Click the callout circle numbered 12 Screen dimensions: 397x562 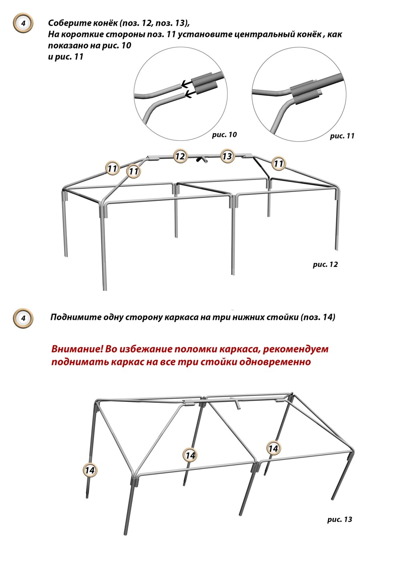(x=180, y=156)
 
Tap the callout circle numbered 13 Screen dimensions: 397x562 (x=227, y=156)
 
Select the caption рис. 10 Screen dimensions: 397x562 (x=224, y=135)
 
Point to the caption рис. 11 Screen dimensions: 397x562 (x=342, y=136)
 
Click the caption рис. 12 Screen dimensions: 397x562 (x=325, y=265)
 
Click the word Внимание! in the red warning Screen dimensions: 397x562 (x=77, y=349)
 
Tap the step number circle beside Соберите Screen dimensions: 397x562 (x=23, y=23)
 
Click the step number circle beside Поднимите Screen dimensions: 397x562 (x=23, y=318)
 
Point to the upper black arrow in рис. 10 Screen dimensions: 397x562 (x=186, y=83)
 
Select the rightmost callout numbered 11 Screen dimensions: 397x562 (x=278, y=164)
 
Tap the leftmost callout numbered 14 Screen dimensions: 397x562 (x=90, y=470)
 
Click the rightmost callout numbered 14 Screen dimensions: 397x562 (x=273, y=448)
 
